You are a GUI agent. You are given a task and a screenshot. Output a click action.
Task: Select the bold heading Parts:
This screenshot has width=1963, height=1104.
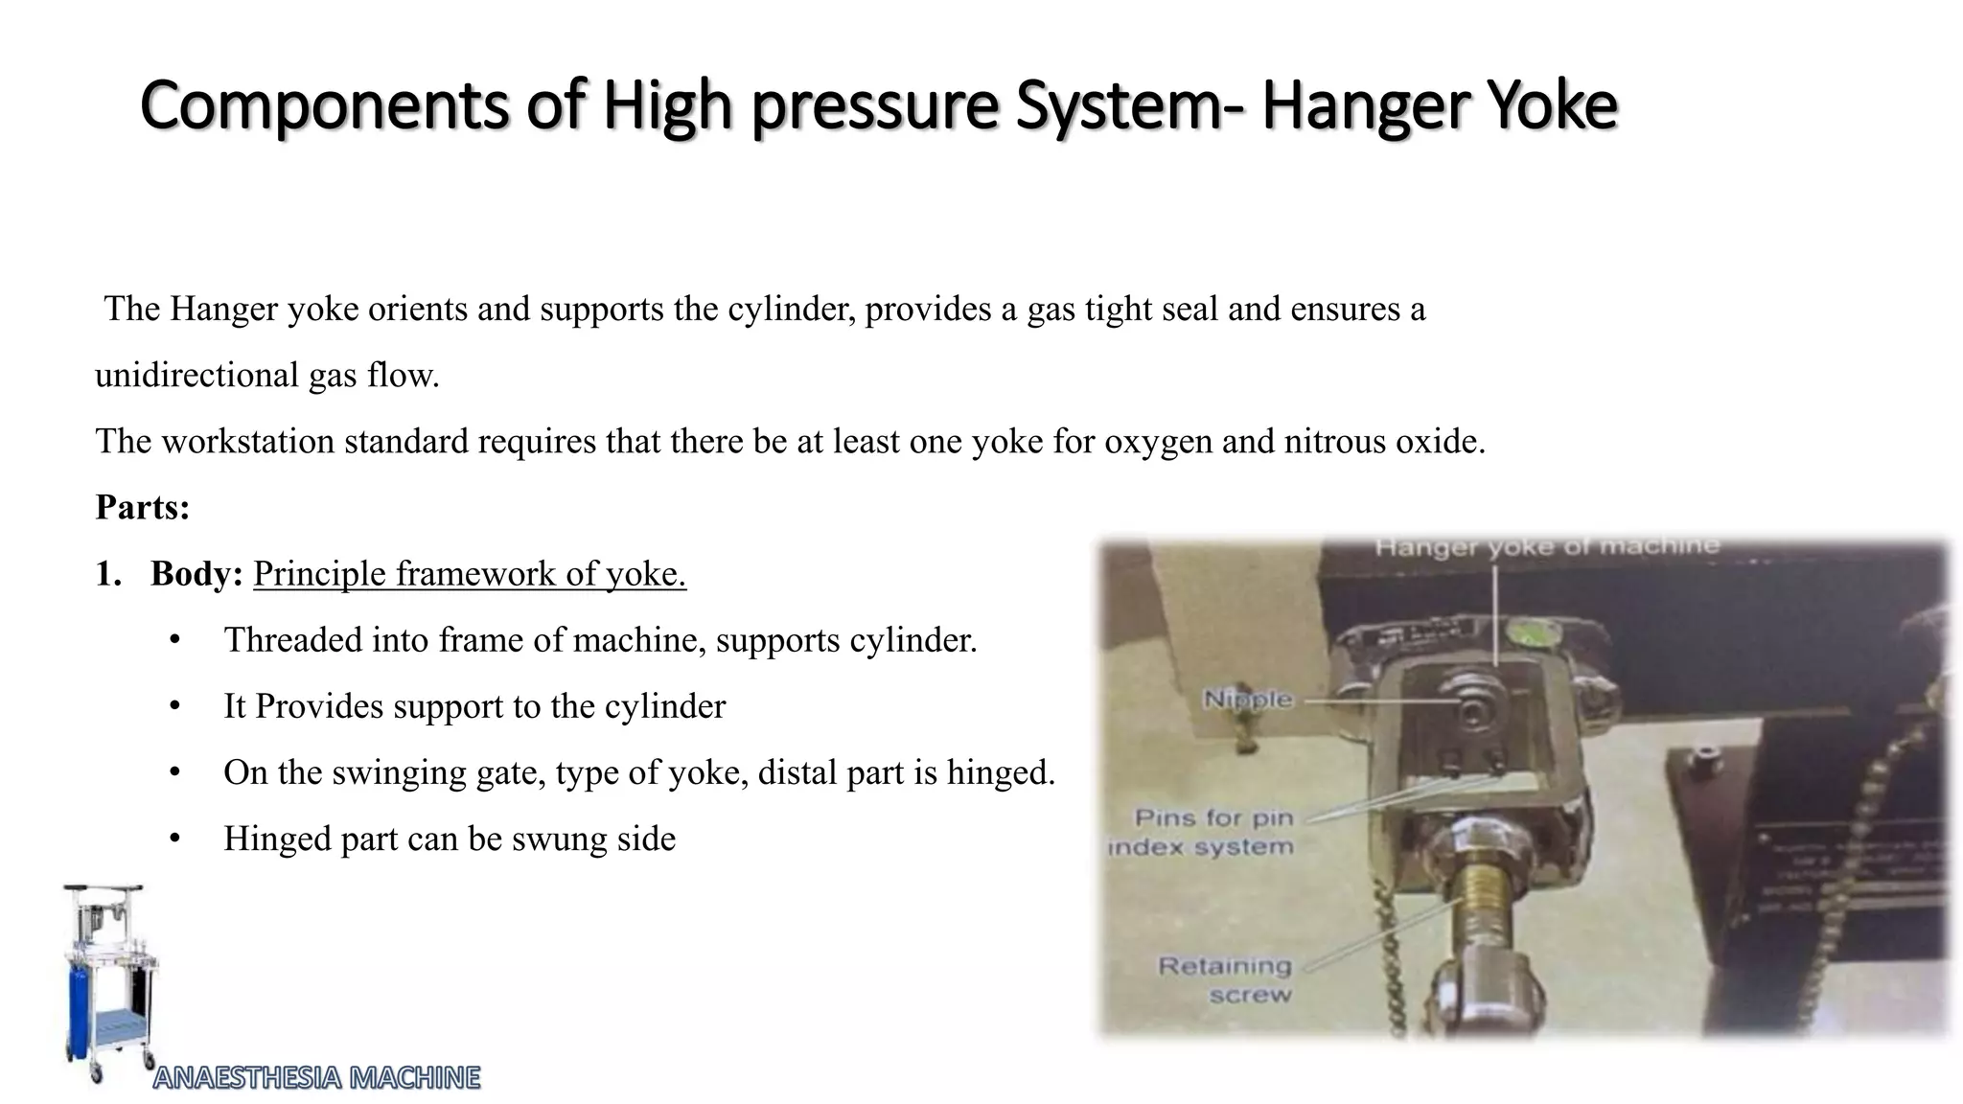143,507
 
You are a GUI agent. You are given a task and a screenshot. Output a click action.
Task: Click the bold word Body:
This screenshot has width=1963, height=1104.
196,573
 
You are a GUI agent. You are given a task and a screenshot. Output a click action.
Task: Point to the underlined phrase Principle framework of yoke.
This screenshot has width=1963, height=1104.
470,573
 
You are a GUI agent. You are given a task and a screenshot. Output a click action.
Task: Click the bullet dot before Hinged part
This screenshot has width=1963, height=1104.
174,839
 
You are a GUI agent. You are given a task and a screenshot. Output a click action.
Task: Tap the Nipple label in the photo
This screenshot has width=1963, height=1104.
1247,700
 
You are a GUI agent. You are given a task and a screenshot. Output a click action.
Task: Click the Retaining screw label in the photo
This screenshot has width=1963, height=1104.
1226,979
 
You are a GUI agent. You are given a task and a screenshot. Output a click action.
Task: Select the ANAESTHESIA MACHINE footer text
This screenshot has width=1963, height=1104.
316,1078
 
